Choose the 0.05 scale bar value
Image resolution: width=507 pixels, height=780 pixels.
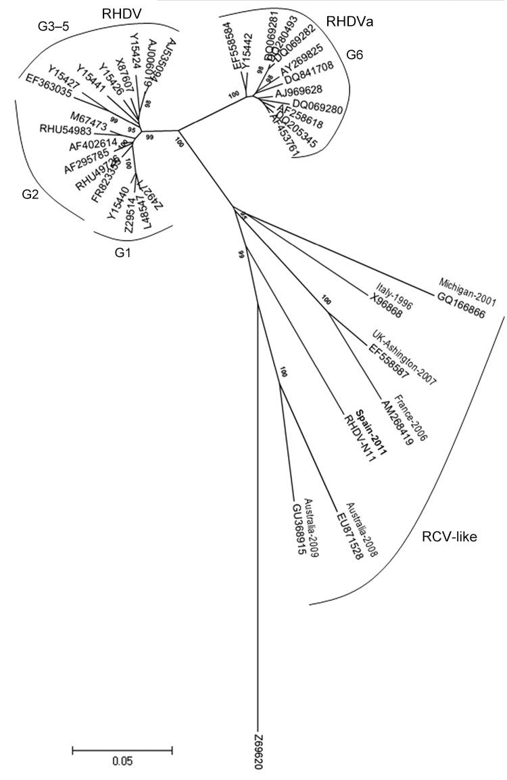(x=122, y=760)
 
